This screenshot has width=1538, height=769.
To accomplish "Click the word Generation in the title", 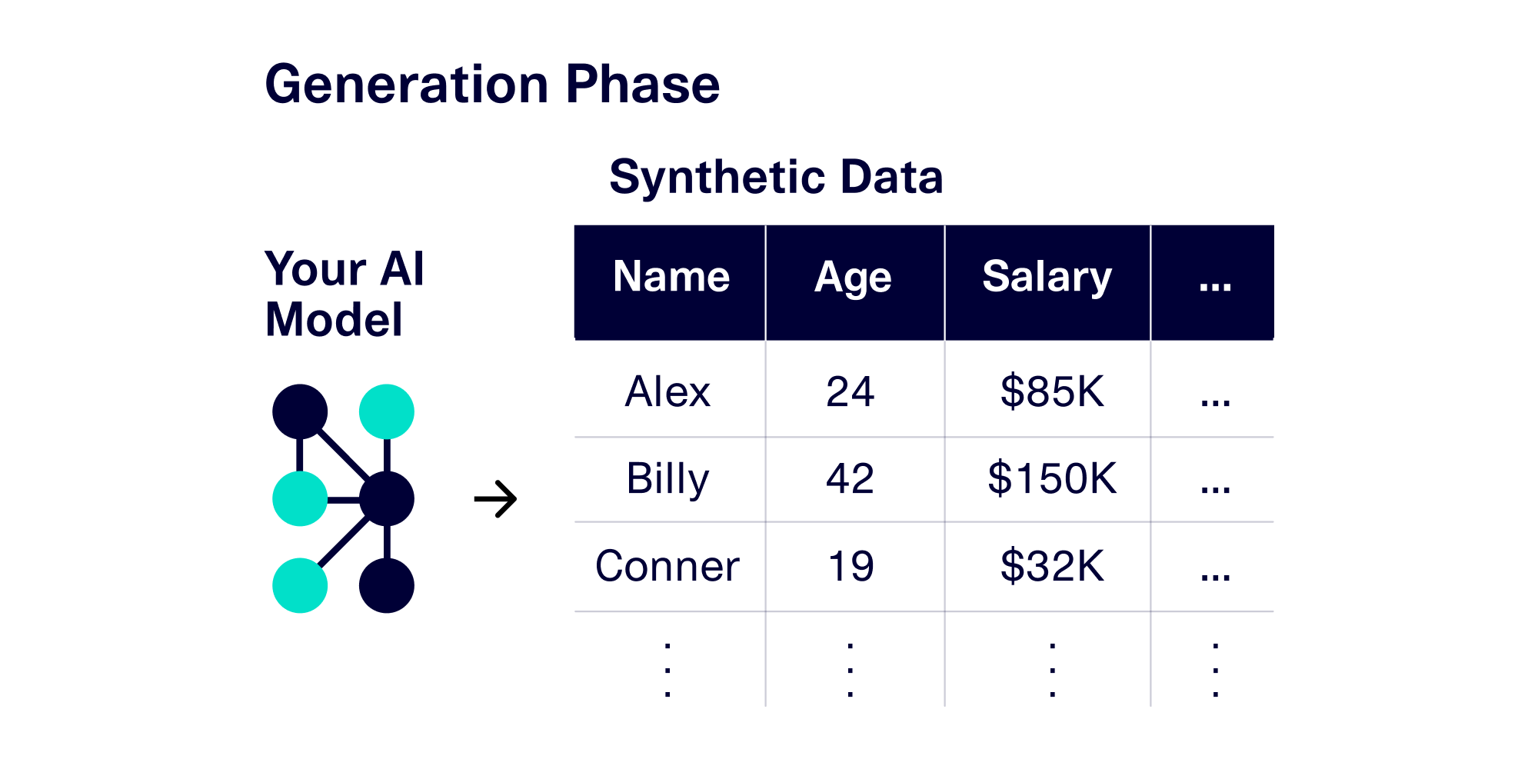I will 406,85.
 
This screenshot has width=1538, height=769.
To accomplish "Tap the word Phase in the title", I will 643,85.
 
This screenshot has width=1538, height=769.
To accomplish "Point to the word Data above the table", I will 891,178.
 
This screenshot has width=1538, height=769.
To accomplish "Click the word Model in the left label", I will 334,320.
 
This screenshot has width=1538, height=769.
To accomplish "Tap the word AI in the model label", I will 402,269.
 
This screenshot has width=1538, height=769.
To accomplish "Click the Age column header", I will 853,278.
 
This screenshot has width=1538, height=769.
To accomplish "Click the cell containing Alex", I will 667,392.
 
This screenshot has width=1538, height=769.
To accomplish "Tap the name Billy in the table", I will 667,479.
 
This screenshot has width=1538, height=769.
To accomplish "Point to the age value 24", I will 850,392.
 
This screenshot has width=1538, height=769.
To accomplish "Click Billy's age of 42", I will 850,479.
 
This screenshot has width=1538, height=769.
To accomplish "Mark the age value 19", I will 851,567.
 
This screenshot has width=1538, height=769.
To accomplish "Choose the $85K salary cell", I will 1052,392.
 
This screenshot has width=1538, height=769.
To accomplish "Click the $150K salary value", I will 1052,479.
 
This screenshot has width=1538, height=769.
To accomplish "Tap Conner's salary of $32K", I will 1052,567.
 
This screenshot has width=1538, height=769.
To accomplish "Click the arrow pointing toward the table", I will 496,500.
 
